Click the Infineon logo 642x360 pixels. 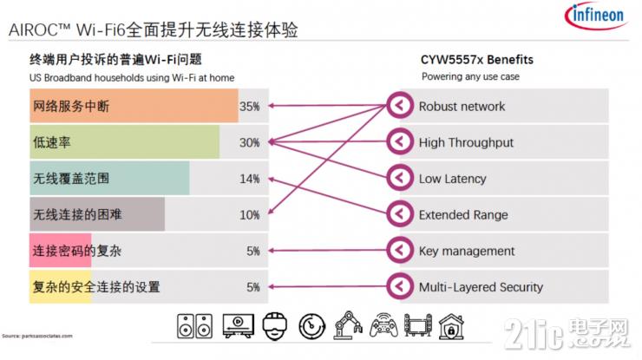tap(596, 17)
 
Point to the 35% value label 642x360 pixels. tap(250, 107)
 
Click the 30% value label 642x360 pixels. tap(250, 142)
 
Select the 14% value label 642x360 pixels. tap(250, 179)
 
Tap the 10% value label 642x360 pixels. tap(250, 214)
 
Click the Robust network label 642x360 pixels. tap(462, 107)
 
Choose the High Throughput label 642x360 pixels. tap(466, 142)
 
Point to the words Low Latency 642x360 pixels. tap(452, 179)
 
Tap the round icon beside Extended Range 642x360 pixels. tap(399, 214)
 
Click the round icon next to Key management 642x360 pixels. tap(399, 251)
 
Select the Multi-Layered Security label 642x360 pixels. tap(480, 287)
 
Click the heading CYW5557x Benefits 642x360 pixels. tap(477, 60)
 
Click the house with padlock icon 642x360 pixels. tap(450, 326)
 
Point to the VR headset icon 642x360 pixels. tap(275, 326)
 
